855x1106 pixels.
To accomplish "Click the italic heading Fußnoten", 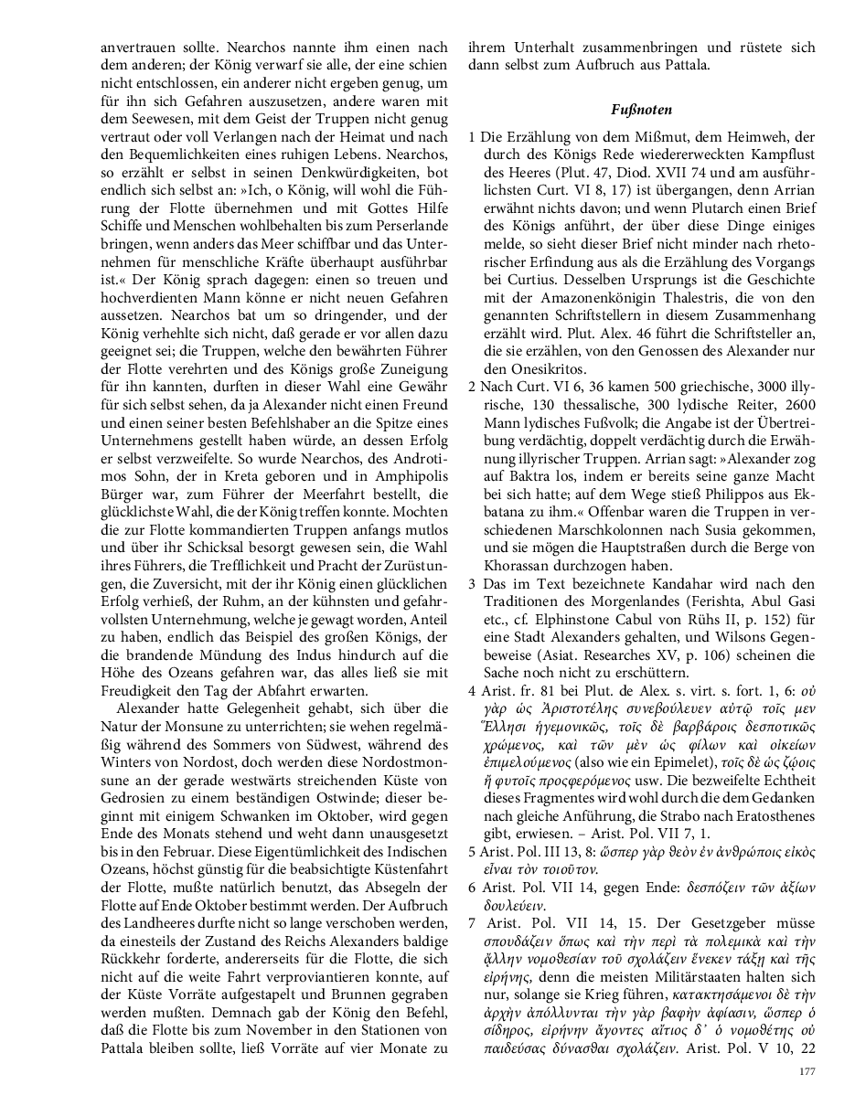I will pos(641,110).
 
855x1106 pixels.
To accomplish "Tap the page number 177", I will pos(807,1071).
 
